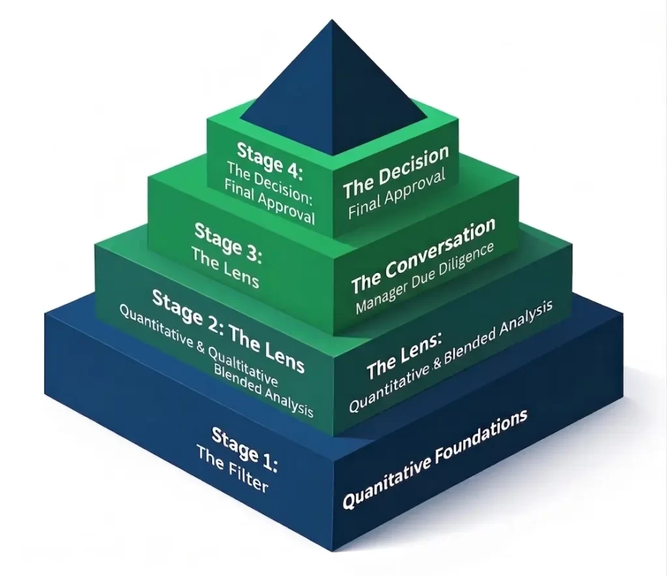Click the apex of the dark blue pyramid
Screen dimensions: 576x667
(x=334, y=22)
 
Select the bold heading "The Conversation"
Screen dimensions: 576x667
(x=423, y=256)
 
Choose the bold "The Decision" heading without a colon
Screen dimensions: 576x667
(x=396, y=171)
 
